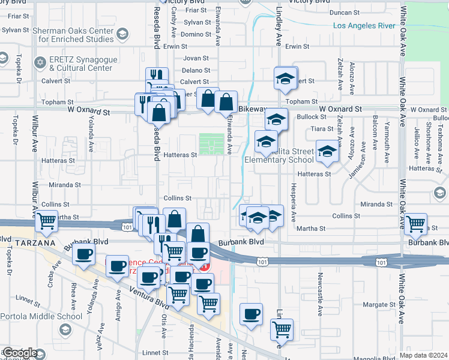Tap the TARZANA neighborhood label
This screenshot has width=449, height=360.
(28, 242)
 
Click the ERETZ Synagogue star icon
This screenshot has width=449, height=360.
(41, 62)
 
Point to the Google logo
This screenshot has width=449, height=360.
(19, 353)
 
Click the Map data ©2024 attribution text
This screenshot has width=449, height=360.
(424, 355)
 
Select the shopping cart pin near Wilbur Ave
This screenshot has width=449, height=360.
(46, 221)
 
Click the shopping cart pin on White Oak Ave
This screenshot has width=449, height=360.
(415, 224)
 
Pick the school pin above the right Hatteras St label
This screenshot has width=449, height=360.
(327, 151)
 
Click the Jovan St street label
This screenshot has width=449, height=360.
(196, 58)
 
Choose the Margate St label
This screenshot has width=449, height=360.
(379, 305)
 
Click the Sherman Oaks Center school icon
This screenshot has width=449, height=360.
(123, 34)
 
